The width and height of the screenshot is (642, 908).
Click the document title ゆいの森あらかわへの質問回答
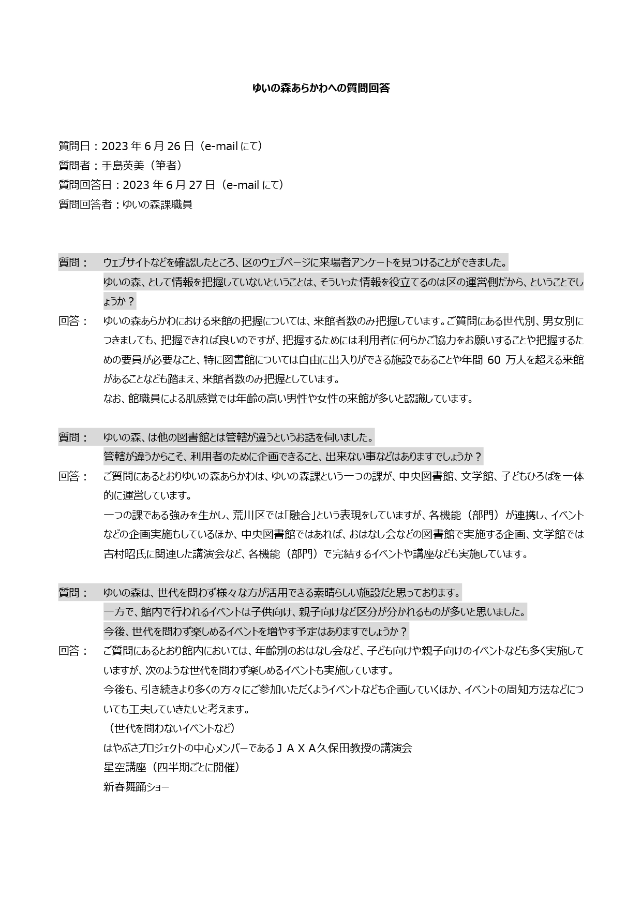click(321, 89)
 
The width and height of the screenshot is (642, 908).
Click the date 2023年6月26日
click(147, 147)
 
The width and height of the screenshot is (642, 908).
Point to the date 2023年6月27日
click(169, 185)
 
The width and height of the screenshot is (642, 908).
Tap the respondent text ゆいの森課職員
click(157, 204)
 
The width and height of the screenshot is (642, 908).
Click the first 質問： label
click(73, 263)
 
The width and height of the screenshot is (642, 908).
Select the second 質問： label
click(73, 438)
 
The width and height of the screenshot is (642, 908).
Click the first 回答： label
click(73, 321)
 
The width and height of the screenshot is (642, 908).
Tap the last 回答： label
click(73, 651)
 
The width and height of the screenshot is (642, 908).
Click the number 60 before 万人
click(494, 360)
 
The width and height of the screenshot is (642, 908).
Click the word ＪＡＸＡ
click(297, 749)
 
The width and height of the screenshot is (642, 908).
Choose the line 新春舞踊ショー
click(136, 787)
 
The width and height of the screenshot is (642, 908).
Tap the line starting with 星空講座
click(171, 768)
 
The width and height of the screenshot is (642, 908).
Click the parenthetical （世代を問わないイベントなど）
click(171, 729)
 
